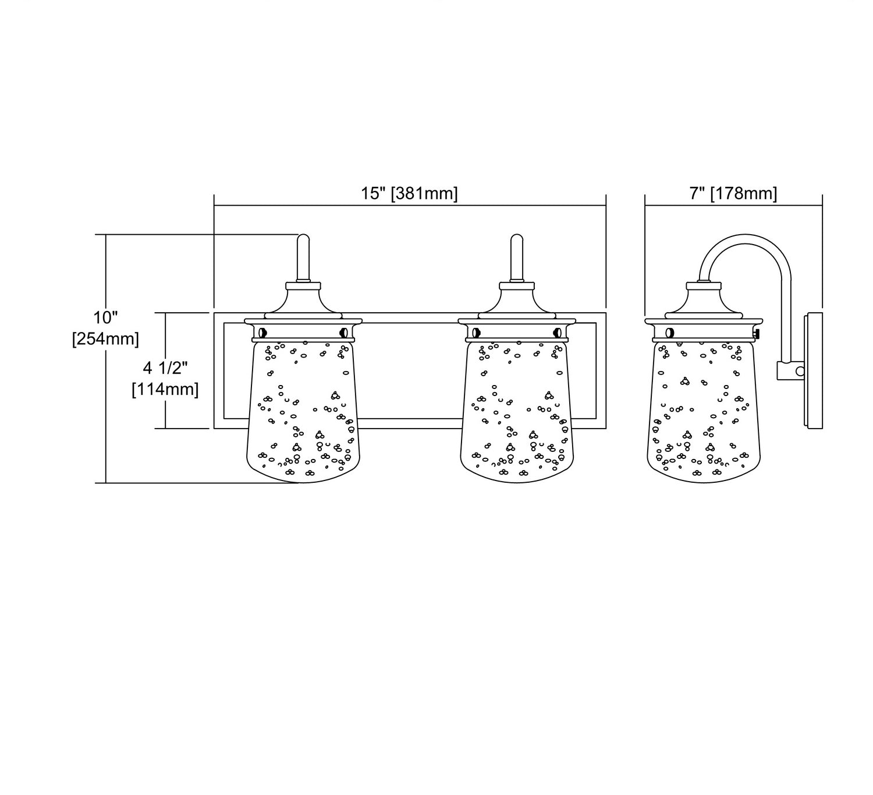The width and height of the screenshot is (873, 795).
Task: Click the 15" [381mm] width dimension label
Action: (410, 194)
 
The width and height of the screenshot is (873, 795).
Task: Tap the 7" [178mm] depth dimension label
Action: (733, 194)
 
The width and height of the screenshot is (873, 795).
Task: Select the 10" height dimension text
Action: (105, 318)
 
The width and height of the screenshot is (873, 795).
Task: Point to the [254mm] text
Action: (105, 338)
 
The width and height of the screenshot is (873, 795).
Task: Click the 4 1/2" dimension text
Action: (165, 368)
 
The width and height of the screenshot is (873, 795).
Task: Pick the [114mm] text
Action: (165, 389)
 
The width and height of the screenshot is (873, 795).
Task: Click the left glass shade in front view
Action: (303, 414)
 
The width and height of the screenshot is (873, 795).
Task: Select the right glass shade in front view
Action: (517, 414)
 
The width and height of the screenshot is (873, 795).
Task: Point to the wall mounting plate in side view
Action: (813, 372)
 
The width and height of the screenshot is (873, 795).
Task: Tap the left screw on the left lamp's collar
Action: (262, 333)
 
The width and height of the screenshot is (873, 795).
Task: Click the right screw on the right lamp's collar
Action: (557, 333)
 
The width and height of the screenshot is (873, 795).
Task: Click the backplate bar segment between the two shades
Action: (410, 423)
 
